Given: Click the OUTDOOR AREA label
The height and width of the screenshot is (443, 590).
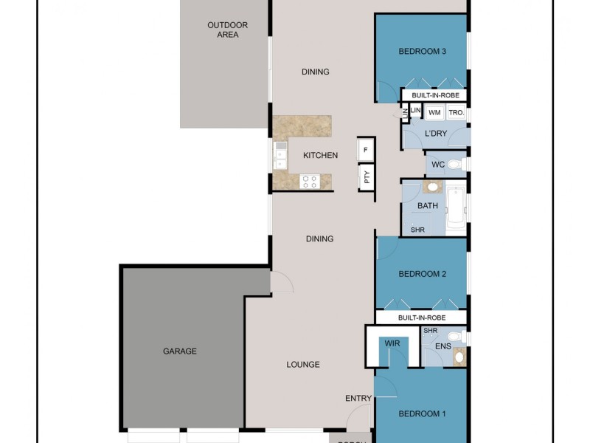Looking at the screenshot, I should coord(227,30).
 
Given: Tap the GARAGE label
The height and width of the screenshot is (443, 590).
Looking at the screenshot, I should coord(180,351).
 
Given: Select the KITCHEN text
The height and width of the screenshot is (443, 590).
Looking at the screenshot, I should coord(320,155).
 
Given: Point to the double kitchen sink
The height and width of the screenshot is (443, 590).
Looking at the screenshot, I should coord(280,155).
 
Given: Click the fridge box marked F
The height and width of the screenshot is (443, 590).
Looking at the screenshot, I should coord(366,149).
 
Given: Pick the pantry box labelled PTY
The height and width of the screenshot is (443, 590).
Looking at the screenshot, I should coord(366,177).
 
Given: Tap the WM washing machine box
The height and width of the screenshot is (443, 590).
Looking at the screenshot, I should coord(434,112).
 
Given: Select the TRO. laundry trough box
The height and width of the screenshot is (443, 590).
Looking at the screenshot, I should coord(456,112).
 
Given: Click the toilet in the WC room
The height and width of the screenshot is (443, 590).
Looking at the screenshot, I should coord(455,164).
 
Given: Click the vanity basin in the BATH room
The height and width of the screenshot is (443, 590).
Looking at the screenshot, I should coord(427,188).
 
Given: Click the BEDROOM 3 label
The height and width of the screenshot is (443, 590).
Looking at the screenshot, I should coord(423,51).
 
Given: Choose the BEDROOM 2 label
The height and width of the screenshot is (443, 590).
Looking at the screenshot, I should coord(423,274).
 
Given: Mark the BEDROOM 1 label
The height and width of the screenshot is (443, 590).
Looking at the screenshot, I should coord(423,414).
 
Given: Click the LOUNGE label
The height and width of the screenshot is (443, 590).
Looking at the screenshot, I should coord(303,364).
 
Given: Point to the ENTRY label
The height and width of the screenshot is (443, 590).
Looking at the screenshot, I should coord(358,399).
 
